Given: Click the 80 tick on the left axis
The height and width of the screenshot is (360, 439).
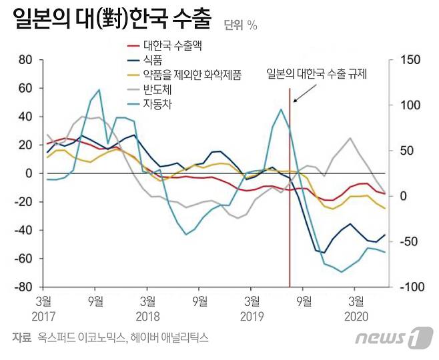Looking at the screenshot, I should click(26, 60).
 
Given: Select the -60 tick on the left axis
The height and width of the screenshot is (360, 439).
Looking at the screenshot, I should click(23, 259).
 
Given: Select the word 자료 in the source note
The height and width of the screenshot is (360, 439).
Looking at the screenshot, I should click(21, 338).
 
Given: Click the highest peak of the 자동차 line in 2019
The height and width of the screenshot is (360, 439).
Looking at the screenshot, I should click(280, 109).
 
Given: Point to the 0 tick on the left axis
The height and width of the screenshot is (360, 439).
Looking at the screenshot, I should click(29, 173).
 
